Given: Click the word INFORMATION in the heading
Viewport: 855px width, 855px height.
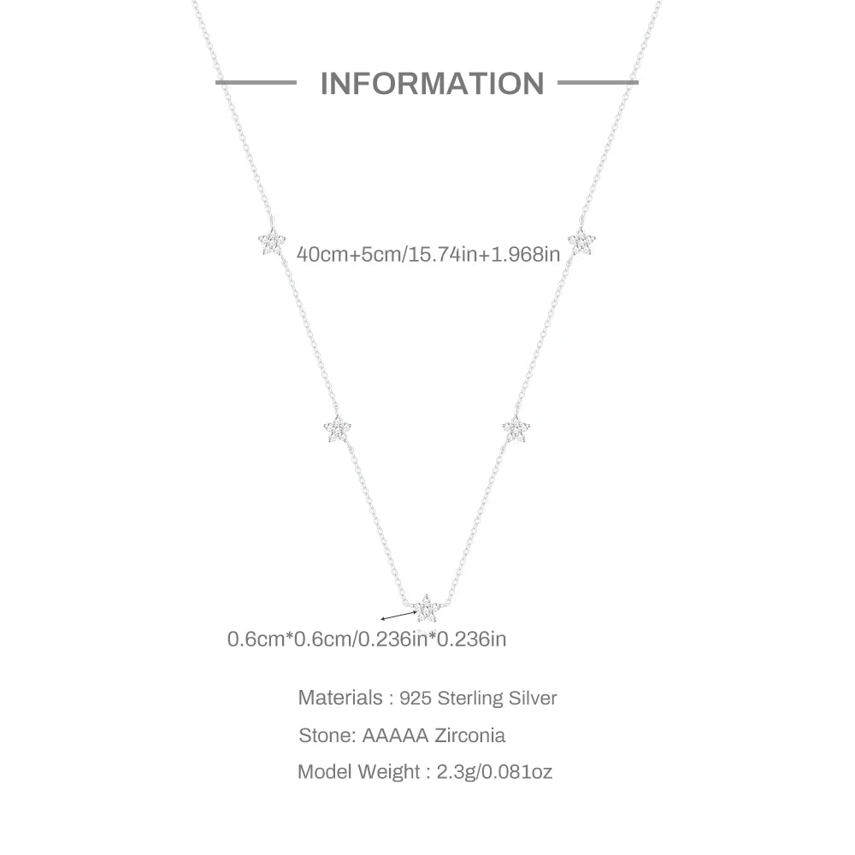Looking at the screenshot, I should [x=432, y=84].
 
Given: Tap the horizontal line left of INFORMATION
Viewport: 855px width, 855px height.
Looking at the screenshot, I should [x=256, y=83].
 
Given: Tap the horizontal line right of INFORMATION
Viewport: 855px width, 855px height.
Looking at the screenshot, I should [x=598, y=83].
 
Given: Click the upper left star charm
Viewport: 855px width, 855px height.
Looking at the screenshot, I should [x=272, y=242].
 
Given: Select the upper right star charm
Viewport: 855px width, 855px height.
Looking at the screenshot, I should [x=581, y=242].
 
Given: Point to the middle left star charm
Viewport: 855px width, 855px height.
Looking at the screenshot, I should [x=338, y=428].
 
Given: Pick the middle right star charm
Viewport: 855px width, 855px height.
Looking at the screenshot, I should [x=516, y=428].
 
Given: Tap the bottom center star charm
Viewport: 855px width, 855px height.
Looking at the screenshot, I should [x=427, y=609].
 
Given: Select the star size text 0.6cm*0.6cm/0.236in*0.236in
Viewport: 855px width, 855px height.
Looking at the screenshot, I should [x=367, y=639].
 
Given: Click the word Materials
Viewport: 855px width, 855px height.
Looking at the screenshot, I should [x=340, y=698].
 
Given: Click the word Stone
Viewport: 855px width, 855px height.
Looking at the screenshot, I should [x=326, y=735].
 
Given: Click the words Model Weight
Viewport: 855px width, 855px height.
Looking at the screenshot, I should [x=358, y=772].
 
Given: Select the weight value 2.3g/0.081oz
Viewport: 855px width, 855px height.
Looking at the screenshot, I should [x=494, y=772].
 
